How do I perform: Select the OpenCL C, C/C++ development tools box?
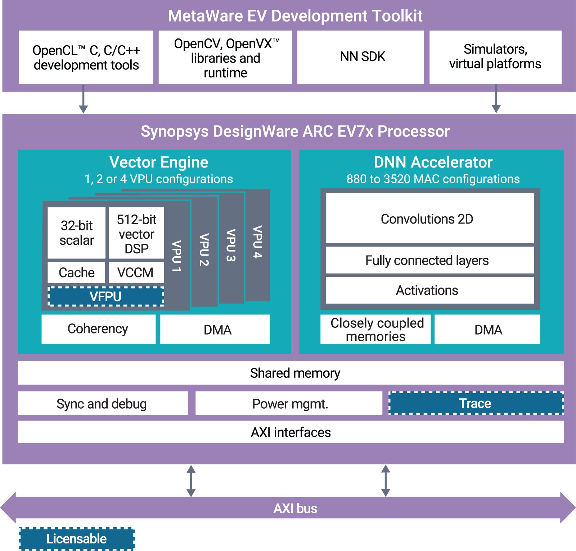[86, 58]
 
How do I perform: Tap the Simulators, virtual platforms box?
[495, 57]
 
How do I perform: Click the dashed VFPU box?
[106, 297]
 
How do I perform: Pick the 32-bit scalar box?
[77, 233]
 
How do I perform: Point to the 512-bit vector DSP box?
[136, 233]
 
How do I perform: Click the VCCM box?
[136, 272]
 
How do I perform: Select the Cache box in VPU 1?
[76, 272]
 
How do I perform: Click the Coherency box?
[98, 329]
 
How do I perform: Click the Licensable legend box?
[77, 539]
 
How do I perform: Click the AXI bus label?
[295, 509]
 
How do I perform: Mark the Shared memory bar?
[291, 373]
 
